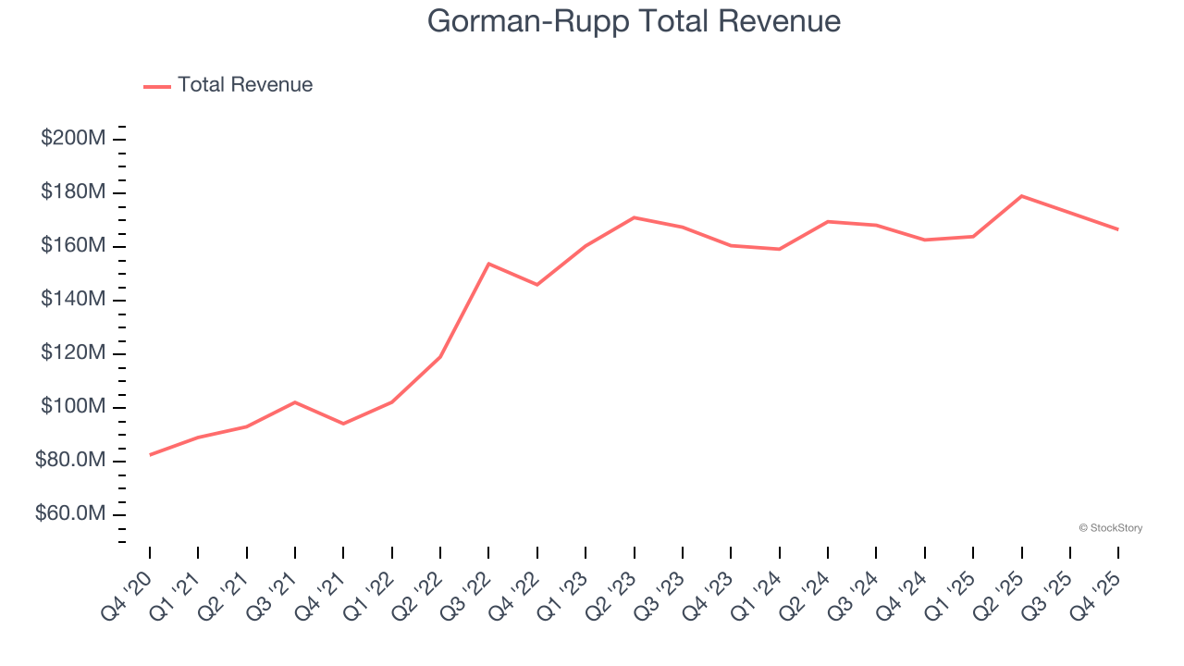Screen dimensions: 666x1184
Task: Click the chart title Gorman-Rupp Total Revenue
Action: coord(634,21)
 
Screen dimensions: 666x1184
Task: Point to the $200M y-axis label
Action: coord(73,139)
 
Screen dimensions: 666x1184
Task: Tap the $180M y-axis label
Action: coord(73,192)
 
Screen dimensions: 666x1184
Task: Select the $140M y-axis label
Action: coord(73,300)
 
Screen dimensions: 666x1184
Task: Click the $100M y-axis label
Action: coord(73,407)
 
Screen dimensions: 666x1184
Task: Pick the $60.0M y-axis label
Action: coord(70,514)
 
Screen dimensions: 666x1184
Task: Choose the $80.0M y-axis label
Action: coord(70,461)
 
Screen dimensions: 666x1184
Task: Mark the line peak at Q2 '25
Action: coord(1021,196)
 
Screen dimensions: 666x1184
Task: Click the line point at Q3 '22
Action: coord(488,264)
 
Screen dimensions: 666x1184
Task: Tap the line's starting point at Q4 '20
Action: coord(150,454)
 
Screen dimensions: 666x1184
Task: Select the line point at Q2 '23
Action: coord(634,217)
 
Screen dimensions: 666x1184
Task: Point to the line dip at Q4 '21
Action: coord(343,424)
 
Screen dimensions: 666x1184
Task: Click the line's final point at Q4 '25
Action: coord(1117,229)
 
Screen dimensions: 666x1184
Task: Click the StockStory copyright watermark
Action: coord(1110,528)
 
